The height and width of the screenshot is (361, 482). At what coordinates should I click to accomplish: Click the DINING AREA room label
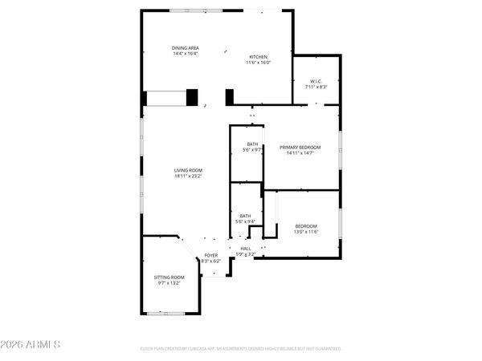click(x=185, y=48)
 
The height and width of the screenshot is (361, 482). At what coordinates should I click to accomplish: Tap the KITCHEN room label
click(x=258, y=56)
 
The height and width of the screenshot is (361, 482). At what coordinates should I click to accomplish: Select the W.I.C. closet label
click(x=316, y=81)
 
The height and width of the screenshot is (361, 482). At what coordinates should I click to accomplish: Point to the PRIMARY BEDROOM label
click(x=300, y=148)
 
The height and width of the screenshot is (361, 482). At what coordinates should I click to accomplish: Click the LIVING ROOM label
click(x=188, y=169)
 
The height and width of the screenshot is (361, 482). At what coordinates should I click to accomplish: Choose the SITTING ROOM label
click(x=169, y=277)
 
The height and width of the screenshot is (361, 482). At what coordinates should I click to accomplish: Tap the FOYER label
click(x=210, y=255)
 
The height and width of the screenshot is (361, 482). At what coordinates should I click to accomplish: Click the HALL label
click(x=245, y=249)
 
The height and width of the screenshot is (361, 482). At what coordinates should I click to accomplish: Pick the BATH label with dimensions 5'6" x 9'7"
click(x=252, y=144)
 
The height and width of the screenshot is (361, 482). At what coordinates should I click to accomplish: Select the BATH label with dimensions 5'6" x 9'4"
click(x=245, y=215)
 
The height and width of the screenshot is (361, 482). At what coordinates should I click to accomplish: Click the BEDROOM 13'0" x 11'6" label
click(x=305, y=225)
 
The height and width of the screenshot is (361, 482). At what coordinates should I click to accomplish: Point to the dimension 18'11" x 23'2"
click(x=188, y=175)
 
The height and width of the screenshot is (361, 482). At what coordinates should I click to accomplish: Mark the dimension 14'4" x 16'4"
click(x=185, y=54)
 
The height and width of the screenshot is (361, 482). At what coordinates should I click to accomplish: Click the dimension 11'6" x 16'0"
click(x=258, y=62)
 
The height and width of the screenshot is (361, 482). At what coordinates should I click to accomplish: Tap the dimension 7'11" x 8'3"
click(x=316, y=87)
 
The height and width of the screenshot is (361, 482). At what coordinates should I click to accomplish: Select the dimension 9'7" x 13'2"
click(x=169, y=282)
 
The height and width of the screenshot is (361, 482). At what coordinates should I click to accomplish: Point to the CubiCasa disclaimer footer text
click(x=241, y=349)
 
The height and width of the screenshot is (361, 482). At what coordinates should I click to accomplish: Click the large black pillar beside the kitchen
click(x=192, y=97)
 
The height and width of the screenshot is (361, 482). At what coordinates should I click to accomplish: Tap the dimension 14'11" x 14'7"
click(x=300, y=153)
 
